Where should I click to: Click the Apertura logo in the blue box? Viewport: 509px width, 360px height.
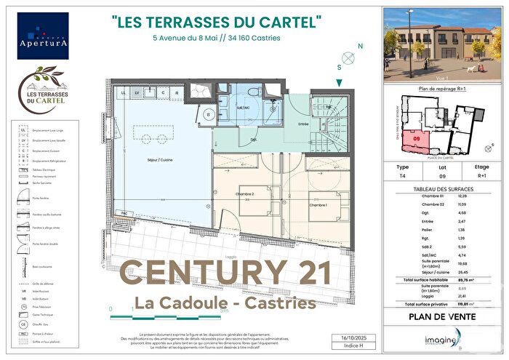click(x=43, y=36)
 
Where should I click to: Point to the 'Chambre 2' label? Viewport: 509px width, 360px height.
click(x=247, y=195)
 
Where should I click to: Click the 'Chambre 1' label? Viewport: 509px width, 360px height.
click(x=318, y=205)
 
